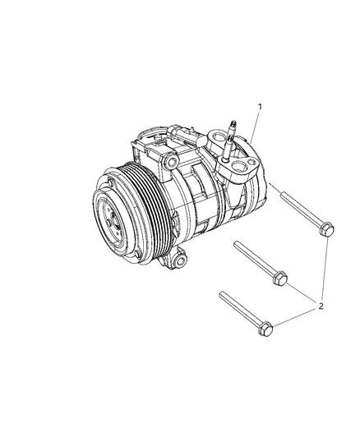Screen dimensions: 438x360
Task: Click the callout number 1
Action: (261, 107)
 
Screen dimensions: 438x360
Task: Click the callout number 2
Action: (322, 307)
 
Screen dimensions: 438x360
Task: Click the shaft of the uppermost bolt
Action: (297, 212)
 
